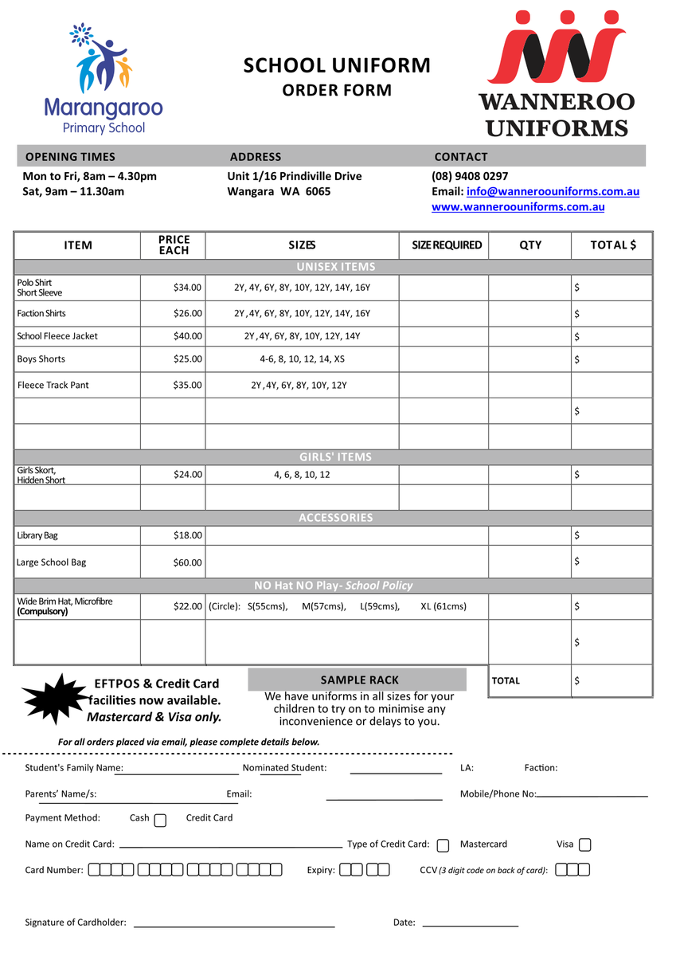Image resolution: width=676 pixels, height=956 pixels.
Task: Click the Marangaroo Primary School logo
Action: pos(103,79)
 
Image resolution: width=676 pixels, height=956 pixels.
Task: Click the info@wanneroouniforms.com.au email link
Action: pos(553,191)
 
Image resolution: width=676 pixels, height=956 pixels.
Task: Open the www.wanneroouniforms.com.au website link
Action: pos(518,207)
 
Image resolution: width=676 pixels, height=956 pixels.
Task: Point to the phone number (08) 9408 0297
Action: pos(470,176)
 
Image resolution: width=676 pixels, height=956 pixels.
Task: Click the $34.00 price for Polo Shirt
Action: pos(188,288)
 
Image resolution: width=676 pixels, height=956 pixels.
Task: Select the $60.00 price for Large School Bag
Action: pos(188,562)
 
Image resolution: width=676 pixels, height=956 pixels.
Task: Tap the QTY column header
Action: pos(530,245)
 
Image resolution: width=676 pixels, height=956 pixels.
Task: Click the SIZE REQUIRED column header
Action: pos(447,245)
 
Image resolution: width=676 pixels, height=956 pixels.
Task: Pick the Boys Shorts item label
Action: pos(41,359)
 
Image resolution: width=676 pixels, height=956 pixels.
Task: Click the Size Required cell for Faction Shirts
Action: pos(444,314)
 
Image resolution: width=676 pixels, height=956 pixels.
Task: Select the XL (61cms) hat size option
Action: pos(444,606)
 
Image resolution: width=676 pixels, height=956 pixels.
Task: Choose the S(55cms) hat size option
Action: pos(268,606)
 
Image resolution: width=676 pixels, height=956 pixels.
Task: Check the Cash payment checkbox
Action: pos(160,820)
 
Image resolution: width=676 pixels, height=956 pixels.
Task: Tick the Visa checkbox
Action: pos(585,844)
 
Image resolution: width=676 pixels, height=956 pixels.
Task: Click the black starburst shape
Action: pos(54,699)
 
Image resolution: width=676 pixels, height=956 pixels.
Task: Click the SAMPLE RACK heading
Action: pos(360,680)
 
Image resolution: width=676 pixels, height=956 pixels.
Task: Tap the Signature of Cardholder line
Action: pos(234,924)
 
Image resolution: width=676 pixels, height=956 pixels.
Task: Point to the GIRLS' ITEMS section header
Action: pos(335,457)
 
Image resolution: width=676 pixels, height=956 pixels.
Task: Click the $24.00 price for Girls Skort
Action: pos(188,475)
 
